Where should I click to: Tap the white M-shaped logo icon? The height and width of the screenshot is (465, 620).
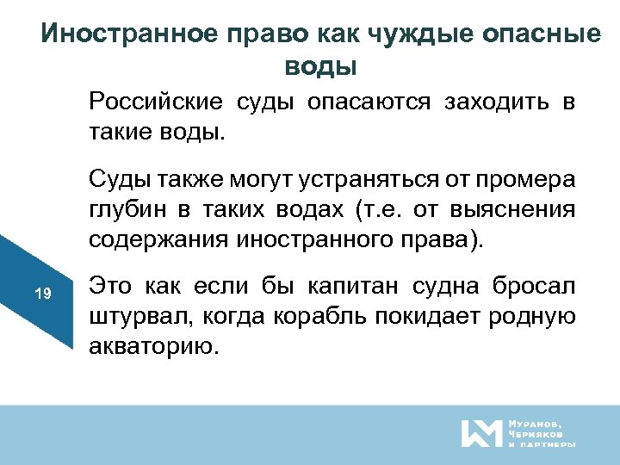[x=480, y=432]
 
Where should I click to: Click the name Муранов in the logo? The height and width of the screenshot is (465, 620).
[x=535, y=424]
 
